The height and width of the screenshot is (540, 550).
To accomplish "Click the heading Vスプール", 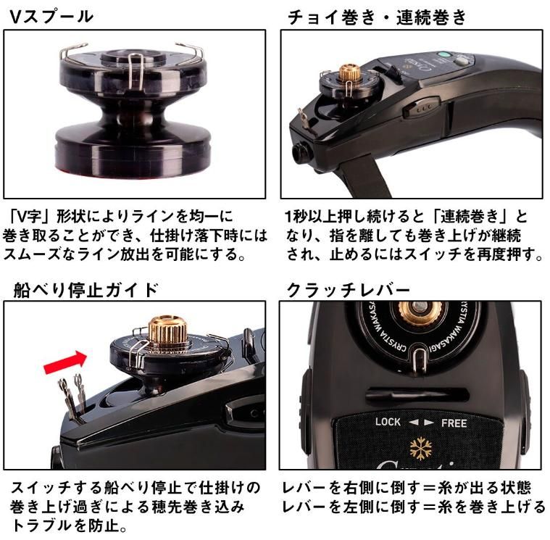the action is coord(51,17).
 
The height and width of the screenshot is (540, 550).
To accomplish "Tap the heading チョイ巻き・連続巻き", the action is coord(377,17).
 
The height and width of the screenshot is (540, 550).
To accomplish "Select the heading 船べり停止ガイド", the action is coord(86,290).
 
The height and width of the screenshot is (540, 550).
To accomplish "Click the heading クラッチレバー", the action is coord(348,290).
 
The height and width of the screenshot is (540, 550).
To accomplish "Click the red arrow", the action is coord(66,362).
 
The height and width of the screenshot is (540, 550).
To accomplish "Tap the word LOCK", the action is coord(388,421).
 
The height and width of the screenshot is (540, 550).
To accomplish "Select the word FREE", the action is coord(454,423).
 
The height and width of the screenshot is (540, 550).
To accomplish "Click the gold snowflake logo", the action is coord(421,448).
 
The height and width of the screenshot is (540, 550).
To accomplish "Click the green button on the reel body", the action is coord(443,55).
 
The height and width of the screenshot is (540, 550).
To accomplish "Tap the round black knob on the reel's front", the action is coord(301,153).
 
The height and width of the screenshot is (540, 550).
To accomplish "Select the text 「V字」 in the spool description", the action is coord(29,217).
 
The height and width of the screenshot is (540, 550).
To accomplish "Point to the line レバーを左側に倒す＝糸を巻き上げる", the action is coord(414,507).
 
